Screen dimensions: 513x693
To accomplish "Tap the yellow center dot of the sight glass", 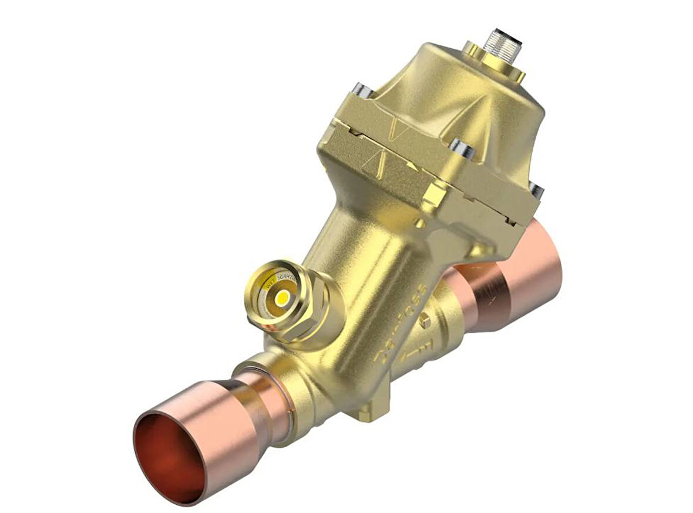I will click(x=282, y=298).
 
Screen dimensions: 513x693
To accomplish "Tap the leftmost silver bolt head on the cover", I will click(x=363, y=91).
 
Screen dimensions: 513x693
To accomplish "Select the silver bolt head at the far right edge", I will click(x=536, y=190).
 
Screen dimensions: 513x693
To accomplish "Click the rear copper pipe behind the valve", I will click(x=517, y=276).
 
